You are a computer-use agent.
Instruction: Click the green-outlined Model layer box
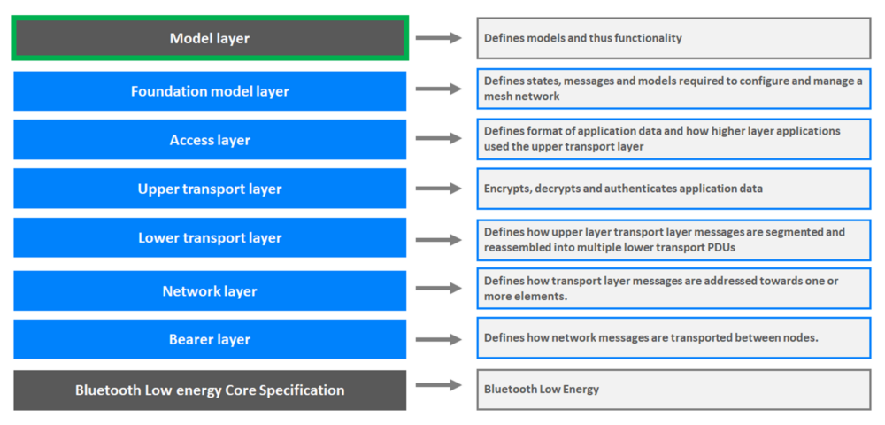210,39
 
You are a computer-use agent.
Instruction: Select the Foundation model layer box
210,91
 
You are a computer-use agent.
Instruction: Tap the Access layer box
210,140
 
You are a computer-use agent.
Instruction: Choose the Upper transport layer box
210,189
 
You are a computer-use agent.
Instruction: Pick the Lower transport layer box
210,237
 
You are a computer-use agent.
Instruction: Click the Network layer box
210,290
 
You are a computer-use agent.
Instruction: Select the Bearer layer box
210,339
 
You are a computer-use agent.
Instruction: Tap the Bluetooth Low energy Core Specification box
210,390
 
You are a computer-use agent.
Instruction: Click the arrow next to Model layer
439,38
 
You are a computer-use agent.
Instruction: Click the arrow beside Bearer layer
439,338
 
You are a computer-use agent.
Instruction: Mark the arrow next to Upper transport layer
439,189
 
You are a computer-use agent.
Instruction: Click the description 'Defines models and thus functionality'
583,38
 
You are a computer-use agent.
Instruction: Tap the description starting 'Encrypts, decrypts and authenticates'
623,189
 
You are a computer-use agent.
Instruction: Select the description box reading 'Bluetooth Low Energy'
542,389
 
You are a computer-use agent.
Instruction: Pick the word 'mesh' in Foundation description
499,96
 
